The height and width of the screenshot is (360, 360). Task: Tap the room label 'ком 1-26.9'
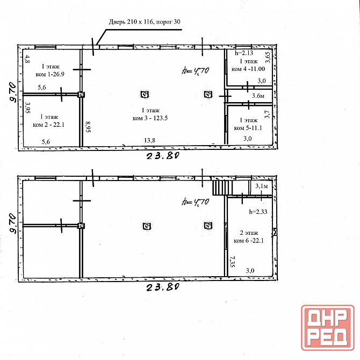pos(50,74)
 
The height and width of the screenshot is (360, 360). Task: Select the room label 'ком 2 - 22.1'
pos(48,125)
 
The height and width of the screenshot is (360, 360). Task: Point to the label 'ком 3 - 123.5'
pos(150,118)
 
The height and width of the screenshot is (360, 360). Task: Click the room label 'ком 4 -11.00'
pos(248,69)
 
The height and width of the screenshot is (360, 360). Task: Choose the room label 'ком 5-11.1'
pos(248,128)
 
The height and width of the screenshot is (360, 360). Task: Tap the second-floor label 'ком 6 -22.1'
pos(249,241)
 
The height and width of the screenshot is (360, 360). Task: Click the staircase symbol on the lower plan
pos(222,188)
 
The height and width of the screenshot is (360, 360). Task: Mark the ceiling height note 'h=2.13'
pos(244,53)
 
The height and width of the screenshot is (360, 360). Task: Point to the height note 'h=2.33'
pos(258,212)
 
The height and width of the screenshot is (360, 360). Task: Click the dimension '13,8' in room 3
pos(149,140)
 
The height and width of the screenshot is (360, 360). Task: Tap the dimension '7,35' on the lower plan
pos(232,262)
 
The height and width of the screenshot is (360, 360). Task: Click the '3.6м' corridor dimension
pos(258,96)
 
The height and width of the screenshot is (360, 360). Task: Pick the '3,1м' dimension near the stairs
pos(262,186)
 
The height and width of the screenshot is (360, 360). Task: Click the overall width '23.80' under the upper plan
pos(163,156)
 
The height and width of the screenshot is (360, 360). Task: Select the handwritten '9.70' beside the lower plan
pos(13,224)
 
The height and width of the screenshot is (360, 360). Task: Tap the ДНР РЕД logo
pos(328,328)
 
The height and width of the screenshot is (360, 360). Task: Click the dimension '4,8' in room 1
pos(27,59)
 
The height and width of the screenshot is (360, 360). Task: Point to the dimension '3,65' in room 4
pos(268,57)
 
